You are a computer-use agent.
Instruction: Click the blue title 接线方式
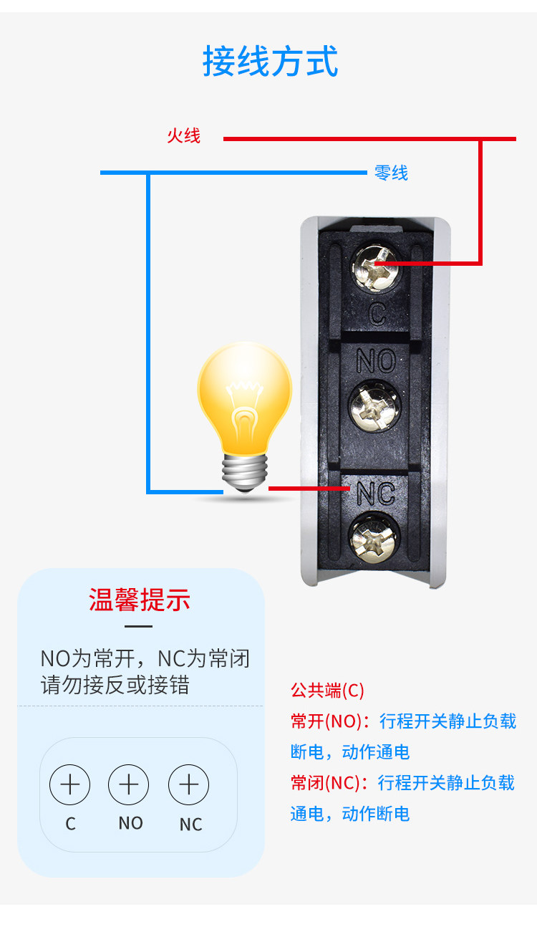pyautogui.click(x=270, y=61)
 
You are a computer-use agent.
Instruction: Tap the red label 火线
pyautogui.click(x=183, y=136)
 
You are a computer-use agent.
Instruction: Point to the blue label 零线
pyautogui.click(x=391, y=173)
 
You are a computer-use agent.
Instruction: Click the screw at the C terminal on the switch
pyautogui.click(x=374, y=267)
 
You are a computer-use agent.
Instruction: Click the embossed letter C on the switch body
pyautogui.click(x=377, y=314)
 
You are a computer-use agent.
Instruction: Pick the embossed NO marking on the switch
pyautogui.click(x=376, y=360)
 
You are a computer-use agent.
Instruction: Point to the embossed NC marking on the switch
pyautogui.click(x=376, y=493)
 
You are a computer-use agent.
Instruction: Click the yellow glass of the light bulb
pyautogui.click(x=245, y=398)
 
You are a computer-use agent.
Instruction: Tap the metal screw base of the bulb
pyautogui.click(x=245, y=473)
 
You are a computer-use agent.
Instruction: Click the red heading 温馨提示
pyautogui.click(x=140, y=600)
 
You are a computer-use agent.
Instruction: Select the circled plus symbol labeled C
pyautogui.click(x=70, y=784)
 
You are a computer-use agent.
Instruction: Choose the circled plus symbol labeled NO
pyautogui.click(x=128, y=784)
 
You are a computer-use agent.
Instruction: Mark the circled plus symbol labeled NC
pyautogui.click(x=188, y=784)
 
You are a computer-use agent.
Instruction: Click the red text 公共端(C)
pyautogui.click(x=327, y=691)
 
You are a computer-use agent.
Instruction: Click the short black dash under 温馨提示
pyautogui.click(x=138, y=626)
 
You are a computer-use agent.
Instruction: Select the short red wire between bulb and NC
pyautogui.click(x=309, y=488)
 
